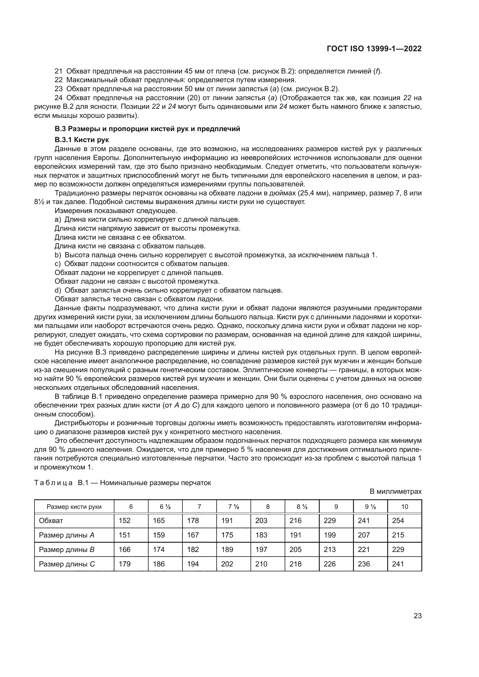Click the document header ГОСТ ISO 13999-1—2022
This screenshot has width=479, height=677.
(374, 49)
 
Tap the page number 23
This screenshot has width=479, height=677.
(417, 616)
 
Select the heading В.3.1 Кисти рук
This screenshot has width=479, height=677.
(82, 140)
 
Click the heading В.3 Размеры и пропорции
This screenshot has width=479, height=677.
(147, 129)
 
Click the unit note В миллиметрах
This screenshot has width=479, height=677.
(396, 491)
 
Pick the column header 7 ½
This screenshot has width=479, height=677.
(233, 507)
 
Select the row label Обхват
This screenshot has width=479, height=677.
(51, 521)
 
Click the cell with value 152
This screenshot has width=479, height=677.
(125, 521)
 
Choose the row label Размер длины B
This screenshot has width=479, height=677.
(67, 550)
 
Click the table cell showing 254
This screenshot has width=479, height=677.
(398, 521)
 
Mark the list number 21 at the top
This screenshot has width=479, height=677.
(59, 71)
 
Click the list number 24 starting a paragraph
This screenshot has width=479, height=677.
(59, 98)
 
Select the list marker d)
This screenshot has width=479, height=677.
(58, 290)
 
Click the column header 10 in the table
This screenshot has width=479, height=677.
(404, 507)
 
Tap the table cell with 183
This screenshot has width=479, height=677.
(261, 535)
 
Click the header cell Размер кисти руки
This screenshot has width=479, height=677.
(74, 507)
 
